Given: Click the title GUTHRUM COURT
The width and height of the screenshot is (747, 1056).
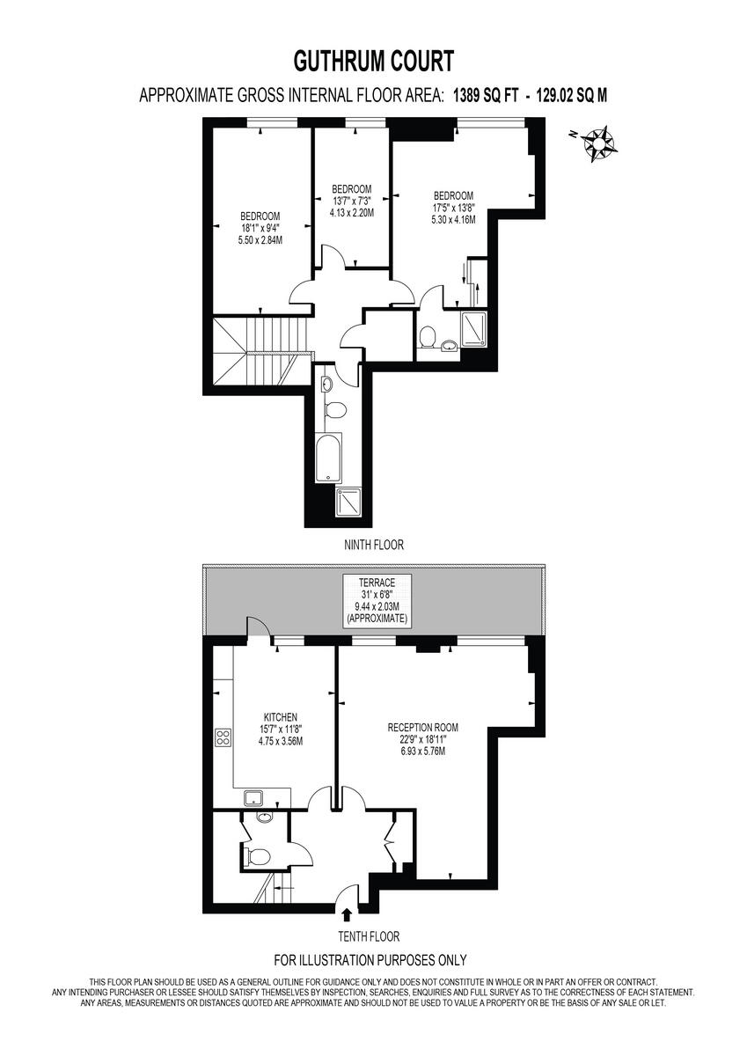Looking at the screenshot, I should (373, 62).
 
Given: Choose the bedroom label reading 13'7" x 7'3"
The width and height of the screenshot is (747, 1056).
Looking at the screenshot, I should (351, 201).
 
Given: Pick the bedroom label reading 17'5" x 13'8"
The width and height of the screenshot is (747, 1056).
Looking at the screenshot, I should (453, 208).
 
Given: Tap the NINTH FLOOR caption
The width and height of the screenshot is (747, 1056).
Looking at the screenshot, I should (373, 545).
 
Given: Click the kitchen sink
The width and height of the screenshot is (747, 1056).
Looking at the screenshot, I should (255, 798).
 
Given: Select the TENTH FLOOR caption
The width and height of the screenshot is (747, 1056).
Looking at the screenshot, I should (373, 936).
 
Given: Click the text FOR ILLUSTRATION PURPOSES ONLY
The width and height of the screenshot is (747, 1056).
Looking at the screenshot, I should (370, 960).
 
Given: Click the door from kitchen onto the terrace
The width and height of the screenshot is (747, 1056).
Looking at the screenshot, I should (257, 628).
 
